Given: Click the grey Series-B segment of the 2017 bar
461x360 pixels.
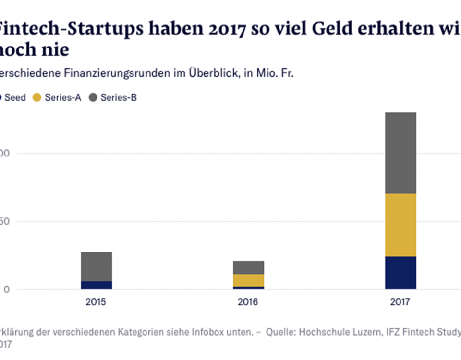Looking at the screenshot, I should (x=400, y=153).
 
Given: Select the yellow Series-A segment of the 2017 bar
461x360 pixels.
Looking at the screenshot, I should (x=400, y=225).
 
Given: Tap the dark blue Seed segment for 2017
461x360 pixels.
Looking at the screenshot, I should (x=400, y=273).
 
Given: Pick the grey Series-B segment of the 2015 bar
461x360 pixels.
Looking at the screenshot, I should (x=97, y=266).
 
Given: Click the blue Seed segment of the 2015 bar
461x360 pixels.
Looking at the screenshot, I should (x=97, y=285).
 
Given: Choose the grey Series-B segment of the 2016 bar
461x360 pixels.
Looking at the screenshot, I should (x=248, y=267).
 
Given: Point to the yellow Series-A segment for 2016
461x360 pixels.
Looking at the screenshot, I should (x=248, y=280).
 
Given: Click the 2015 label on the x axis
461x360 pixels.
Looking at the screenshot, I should (x=97, y=302).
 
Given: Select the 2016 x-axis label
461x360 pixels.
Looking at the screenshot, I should (x=248, y=302).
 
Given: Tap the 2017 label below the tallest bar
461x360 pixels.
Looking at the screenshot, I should (x=400, y=302).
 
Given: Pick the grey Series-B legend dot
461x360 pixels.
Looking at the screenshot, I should (x=93, y=97).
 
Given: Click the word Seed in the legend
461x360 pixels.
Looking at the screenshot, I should (x=15, y=97).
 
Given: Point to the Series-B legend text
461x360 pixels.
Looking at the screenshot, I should (x=119, y=97).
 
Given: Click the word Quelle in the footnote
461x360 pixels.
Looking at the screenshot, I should (x=279, y=331).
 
